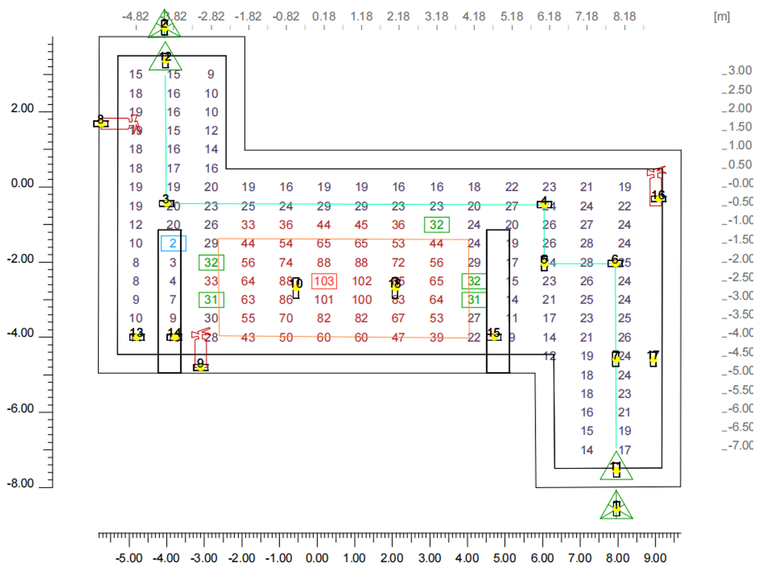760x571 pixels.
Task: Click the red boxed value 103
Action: (325, 281)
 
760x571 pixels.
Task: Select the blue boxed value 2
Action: (174, 243)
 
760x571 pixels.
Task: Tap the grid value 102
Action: (362, 281)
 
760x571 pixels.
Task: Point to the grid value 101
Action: (325, 300)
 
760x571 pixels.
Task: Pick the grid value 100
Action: (362, 300)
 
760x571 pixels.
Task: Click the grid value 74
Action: (286, 263)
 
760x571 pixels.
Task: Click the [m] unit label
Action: (721, 16)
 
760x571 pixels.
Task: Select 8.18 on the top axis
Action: (625, 16)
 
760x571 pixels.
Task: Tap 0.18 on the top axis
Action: (325, 16)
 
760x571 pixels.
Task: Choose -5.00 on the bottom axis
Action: (129, 559)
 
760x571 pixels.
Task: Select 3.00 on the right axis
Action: (739, 70)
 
